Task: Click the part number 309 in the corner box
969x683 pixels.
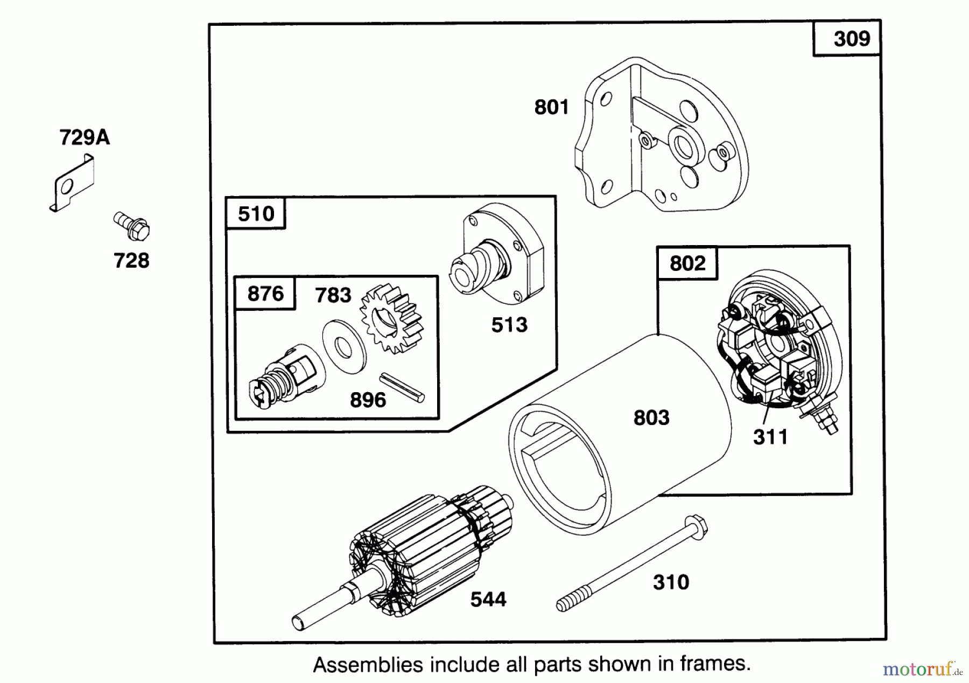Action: (852, 39)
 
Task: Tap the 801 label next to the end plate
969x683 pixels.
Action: (551, 107)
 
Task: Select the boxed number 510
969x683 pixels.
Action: (256, 214)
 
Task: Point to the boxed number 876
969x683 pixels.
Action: (265, 294)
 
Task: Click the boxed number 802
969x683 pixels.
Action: (687, 263)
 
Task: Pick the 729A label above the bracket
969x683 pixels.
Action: (85, 138)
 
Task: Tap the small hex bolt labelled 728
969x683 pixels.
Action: (131, 227)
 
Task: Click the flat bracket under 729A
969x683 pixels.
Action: (72, 183)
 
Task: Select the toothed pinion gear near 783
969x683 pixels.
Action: (391, 319)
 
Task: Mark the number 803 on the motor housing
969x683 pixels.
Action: (651, 417)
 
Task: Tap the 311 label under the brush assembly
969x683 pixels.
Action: (770, 437)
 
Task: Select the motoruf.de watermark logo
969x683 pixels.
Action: (923, 669)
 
